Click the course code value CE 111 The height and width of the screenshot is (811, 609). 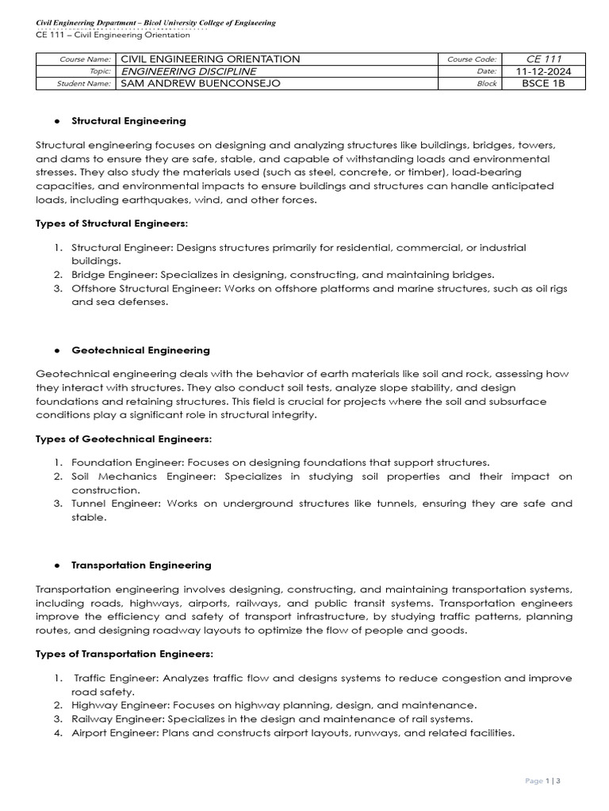click(x=542, y=59)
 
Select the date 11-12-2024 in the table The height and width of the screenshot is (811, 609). click(x=543, y=70)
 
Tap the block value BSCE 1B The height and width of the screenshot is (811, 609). click(x=543, y=83)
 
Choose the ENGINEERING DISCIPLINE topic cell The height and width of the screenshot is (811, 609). click(x=187, y=70)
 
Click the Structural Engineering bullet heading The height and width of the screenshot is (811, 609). click(x=128, y=121)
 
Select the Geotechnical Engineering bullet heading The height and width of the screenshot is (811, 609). click(x=140, y=349)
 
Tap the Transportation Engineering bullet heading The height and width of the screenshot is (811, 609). click(x=141, y=565)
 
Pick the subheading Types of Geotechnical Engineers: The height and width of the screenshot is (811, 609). click(x=124, y=438)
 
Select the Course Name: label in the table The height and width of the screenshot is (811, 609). click(x=86, y=59)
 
